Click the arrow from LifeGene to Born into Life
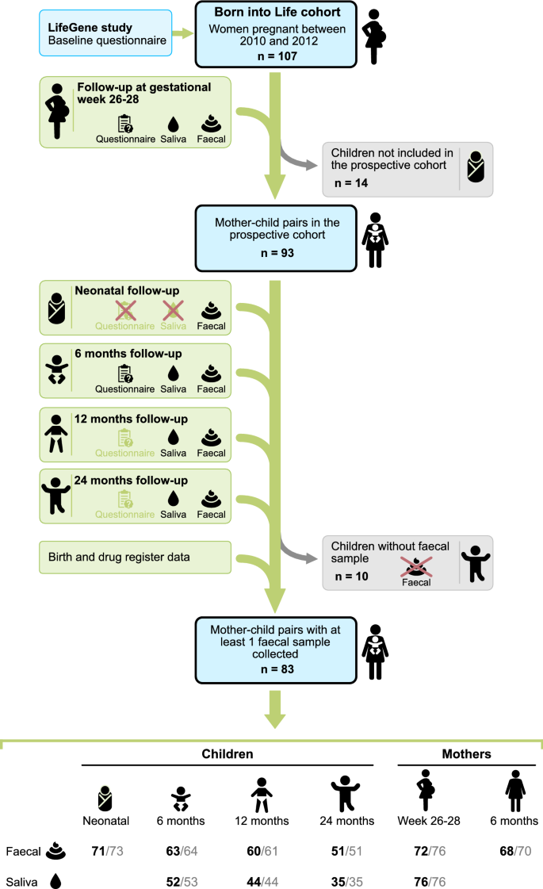click(183, 33)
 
